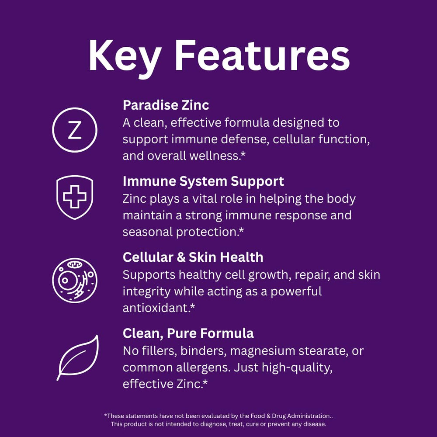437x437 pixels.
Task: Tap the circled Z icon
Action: click(x=75, y=130)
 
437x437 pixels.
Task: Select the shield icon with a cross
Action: click(x=75, y=197)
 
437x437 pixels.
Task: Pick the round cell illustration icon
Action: click(x=75, y=280)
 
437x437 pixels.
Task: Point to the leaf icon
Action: click(x=78, y=357)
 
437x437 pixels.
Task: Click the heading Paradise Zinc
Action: click(x=166, y=105)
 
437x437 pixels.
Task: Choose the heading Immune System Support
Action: click(x=203, y=181)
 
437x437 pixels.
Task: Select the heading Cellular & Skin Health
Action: click(x=193, y=257)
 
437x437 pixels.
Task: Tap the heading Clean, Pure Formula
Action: click(x=188, y=333)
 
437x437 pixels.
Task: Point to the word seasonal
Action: click(x=148, y=232)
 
